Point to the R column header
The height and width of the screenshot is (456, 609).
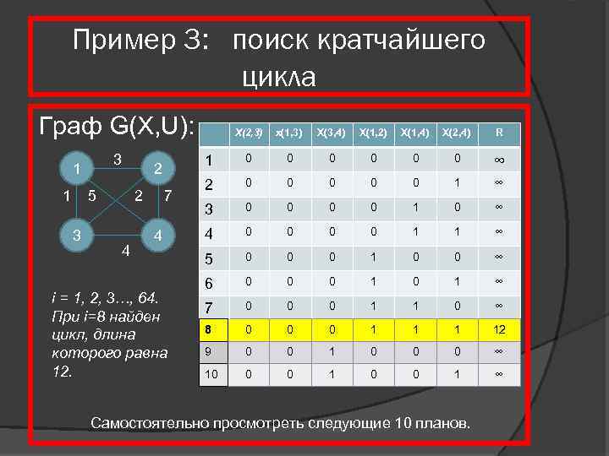pos(500,133)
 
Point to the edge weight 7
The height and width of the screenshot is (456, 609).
pos(169,198)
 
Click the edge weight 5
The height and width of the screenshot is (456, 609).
pos(91,198)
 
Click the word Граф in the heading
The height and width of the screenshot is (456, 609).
pos(71,127)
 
